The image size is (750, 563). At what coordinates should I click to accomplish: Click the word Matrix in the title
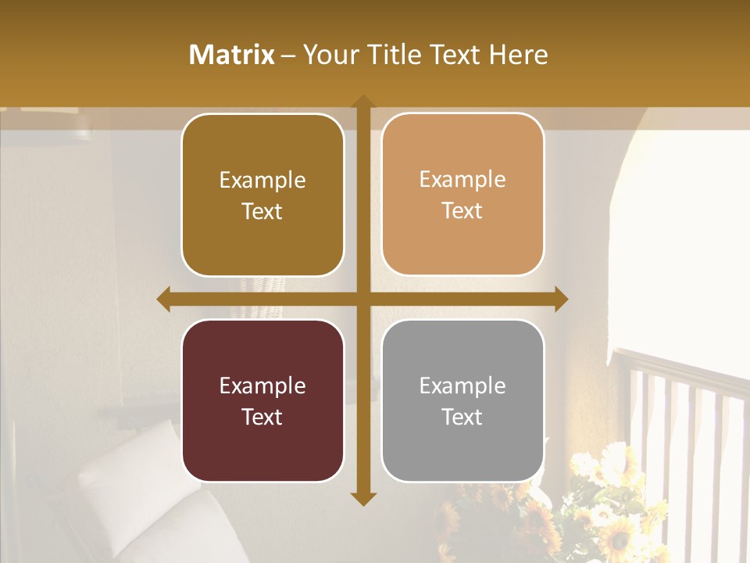click(232, 55)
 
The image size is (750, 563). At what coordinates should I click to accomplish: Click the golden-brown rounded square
click(262, 195)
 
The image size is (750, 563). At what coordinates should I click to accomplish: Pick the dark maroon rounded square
click(262, 400)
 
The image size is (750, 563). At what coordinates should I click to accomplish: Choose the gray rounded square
click(462, 400)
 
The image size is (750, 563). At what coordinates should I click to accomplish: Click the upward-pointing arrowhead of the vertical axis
click(362, 101)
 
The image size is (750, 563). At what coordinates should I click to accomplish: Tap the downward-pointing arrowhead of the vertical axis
click(362, 498)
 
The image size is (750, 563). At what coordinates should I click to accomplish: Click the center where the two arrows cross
click(362, 299)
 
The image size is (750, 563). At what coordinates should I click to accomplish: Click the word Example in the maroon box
click(262, 385)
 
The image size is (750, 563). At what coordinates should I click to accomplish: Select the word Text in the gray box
click(462, 417)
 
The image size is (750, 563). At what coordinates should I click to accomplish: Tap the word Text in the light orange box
click(462, 210)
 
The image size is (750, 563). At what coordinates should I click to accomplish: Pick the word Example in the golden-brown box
click(262, 180)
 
